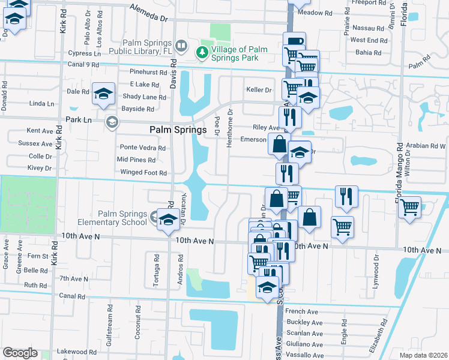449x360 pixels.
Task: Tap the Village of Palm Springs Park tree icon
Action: (203, 53)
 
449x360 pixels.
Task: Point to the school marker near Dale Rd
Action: (104, 93)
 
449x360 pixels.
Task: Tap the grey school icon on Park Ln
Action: (111, 122)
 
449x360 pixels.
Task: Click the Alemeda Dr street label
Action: (149, 19)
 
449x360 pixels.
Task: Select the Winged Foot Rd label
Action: (143, 173)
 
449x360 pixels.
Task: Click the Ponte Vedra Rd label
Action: (142, 148)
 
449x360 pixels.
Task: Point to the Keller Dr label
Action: (259, 90)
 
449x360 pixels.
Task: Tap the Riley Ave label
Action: (267, 128)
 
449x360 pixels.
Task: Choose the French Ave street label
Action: (301, 311)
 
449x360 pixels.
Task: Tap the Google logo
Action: (20, 353)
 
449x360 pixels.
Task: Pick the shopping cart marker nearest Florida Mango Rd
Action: (410, 208)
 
